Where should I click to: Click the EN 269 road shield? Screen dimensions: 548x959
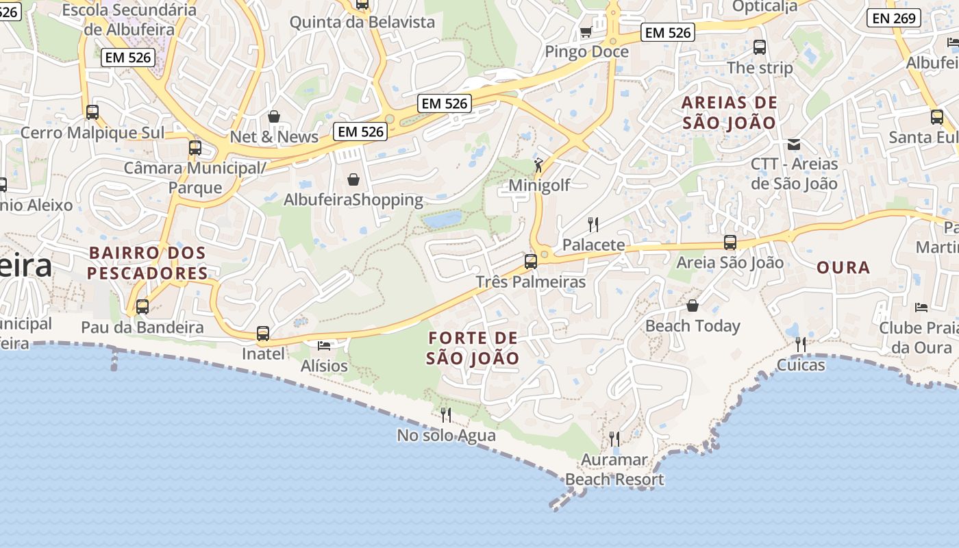coord(895,18)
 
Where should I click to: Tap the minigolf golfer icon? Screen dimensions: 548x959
coord(539,164)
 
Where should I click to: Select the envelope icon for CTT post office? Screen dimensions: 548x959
coord(794,145)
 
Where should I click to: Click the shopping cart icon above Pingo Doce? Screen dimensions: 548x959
coord(586,32)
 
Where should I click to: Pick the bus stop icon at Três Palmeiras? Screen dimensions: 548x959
coord(531,261)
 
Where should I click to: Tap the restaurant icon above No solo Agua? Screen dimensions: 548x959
coord(446,414)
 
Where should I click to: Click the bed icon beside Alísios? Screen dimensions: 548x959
coord(324,346)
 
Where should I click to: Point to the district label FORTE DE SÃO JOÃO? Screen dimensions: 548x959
coord(473,347)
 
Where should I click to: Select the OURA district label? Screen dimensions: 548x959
coord(843,267)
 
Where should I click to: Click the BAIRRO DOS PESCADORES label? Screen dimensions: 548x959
coord(147,263)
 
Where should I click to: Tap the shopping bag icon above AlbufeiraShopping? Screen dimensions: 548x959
coord(353,179)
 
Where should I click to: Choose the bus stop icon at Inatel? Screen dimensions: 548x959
coord(263,334)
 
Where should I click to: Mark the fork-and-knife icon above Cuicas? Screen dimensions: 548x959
coord(800,344)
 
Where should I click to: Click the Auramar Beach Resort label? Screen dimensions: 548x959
coord(614,469)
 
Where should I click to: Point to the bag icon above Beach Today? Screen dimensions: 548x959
coord(693,305)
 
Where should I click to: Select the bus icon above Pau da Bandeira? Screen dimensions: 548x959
coord(142,307)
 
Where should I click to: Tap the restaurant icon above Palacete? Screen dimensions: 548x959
coord(593,224)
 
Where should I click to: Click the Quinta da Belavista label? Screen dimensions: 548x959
coord(362,22)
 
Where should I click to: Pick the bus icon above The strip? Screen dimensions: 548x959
coord(760,47)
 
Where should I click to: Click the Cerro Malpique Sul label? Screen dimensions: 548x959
coord(92,132)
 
